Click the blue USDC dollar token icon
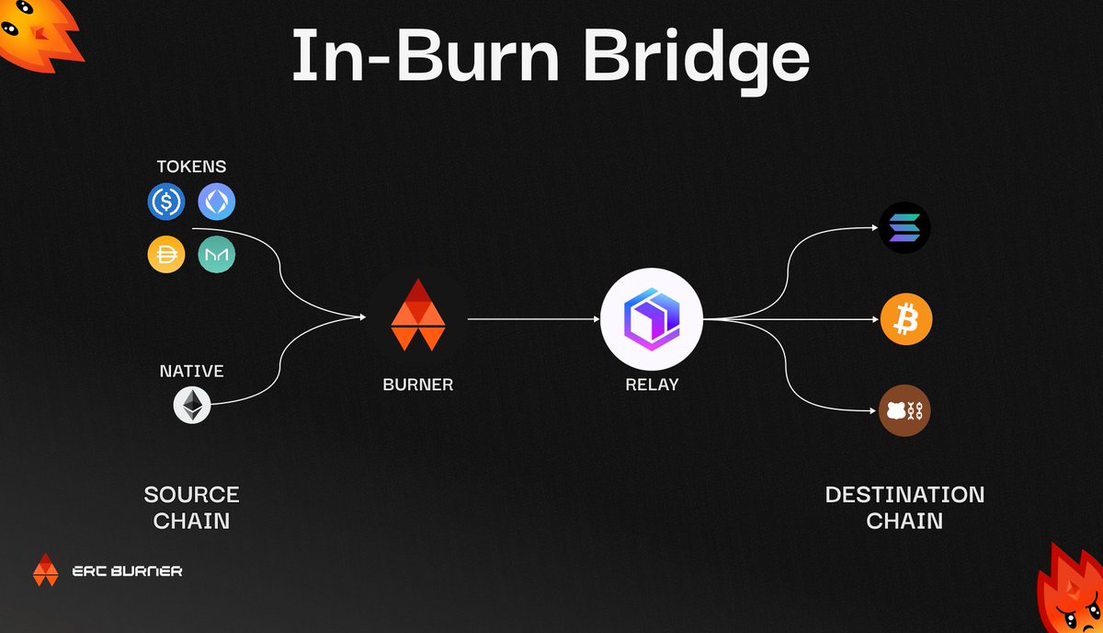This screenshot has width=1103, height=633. click(166, 201)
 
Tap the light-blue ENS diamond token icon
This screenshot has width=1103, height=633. click(217, 201)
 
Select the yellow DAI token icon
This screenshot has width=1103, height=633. click(166, 254)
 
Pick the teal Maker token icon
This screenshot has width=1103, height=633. click(217, 254)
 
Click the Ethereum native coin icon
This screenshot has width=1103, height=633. click(192, 404)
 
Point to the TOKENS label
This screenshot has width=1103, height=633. click(192, 167)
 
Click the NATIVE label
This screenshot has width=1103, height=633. click(192, 372)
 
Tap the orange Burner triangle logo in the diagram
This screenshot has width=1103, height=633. click(418, 314)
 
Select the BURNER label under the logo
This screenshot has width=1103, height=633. click(418, 385)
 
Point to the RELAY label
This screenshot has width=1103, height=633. click(651, 385)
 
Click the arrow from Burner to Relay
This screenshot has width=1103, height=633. click(533, 319)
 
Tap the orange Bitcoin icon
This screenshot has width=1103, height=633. click(906, 320)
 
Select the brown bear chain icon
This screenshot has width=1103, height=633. click(905, 410)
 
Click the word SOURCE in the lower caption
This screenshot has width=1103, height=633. click(191, 494)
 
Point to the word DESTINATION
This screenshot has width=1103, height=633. click(904, 494)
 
